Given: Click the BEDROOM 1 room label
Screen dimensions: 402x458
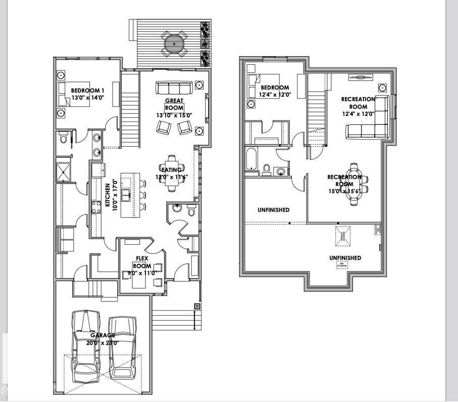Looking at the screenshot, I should [87, 91].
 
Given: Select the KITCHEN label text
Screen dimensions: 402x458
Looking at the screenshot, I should [108, 195].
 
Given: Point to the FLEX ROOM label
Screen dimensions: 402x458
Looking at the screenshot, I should [142, 261].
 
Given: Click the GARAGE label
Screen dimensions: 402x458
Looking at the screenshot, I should [103, 335].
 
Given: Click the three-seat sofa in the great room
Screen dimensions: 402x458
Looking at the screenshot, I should [174, 88].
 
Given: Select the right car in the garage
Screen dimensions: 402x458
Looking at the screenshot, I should [122, 348].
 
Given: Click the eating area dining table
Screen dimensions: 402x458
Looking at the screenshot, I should [173, 173].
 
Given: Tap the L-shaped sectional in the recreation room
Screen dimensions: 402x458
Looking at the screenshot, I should [371, 121].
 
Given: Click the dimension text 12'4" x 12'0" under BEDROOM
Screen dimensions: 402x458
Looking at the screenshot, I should [274, 95].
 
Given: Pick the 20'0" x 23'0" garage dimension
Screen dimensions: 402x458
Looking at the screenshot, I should [104, 342].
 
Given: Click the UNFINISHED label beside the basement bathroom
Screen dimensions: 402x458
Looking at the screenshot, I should [273, 209].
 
